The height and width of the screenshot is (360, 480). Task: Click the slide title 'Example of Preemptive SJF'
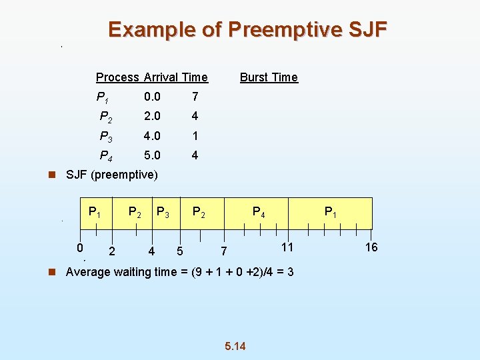(x=247, y=30)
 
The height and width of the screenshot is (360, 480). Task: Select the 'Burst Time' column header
(x=269, y=77)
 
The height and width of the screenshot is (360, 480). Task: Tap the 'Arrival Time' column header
(x=175, y=77)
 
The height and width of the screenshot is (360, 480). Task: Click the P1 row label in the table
(x=103, y=97)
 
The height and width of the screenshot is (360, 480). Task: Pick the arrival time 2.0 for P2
(x=152, y=116)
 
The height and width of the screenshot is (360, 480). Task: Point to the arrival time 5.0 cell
(x=152, y=155)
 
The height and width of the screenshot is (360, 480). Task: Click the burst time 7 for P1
(x=195, y=97)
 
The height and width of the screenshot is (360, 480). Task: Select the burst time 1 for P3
(x=195, y=136)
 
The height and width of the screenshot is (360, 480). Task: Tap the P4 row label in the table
(x=105, y=156)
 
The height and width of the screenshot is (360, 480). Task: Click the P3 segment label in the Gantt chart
(x=162, y=213)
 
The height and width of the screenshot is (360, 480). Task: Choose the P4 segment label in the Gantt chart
(x=258, y=213)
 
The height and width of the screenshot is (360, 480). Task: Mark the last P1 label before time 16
(x=330, y=213)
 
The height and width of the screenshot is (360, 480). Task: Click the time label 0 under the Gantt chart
(x=79, y=248)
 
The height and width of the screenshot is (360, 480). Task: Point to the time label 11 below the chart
(x=287, y=247)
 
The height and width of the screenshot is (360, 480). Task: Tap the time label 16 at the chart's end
(x=371, y=247)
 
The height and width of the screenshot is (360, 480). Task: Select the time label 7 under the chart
(x=224, y=251)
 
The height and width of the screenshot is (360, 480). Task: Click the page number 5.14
(x=235, y=346)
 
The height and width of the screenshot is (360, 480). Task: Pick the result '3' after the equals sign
(x=290, y=272)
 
